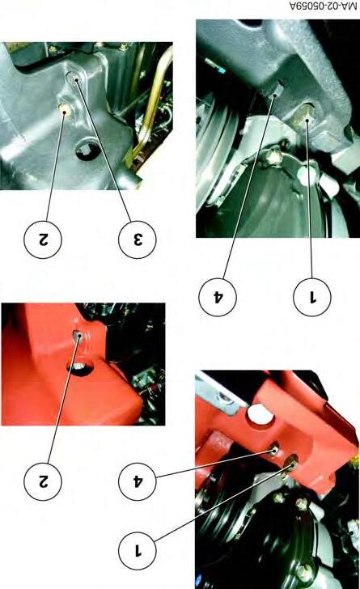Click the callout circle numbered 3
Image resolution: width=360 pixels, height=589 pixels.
pos(137,239)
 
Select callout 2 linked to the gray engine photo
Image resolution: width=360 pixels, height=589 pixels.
pos(42,239)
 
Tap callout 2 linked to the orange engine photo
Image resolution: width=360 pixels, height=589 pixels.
pos(42,481)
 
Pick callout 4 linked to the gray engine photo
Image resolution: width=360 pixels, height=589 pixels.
pos(217,297)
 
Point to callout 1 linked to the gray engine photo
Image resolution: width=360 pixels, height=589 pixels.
pos(312,297)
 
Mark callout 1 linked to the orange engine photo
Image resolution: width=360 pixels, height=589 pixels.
pos(137,551)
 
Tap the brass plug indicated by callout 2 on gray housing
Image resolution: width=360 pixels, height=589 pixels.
pos(65,110)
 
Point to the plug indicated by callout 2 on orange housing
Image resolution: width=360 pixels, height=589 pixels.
pos(78,335)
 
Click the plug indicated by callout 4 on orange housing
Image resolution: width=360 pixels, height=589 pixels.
pos(274,449)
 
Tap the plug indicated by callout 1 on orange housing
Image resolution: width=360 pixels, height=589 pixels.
pos(291,463)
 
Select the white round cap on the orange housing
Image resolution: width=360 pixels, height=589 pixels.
pos(260,415)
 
